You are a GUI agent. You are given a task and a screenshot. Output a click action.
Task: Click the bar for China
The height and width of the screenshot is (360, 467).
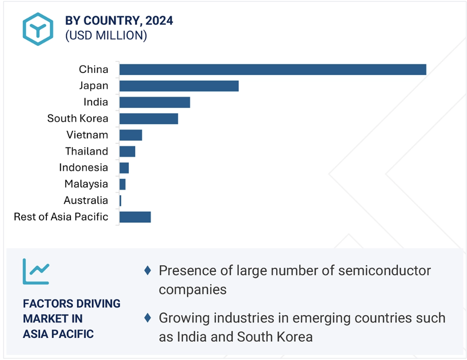click(x=273, y=70)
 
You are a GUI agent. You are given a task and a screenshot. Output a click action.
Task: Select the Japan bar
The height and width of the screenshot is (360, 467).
click(x=179, y=86)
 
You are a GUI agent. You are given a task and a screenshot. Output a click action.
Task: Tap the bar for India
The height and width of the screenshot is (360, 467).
click(x=155, y=102)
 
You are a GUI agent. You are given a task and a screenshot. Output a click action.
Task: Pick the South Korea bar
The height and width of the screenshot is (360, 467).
click(x=148, y=118)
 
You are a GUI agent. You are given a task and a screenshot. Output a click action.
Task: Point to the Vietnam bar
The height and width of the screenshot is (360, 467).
click(x=131, y=135)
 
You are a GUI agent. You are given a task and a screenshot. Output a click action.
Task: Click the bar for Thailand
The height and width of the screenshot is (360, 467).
click(x=127, y=151)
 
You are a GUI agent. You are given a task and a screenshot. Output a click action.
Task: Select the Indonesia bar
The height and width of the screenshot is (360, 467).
click(x=124, y=168)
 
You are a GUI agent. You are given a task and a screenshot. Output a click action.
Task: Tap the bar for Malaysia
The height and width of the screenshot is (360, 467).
click(x=122, y=184)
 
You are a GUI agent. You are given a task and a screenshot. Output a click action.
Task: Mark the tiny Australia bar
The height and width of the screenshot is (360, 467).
click(x=120, y=200)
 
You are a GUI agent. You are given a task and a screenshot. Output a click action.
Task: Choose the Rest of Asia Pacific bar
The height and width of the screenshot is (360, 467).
click(x=135, y=216)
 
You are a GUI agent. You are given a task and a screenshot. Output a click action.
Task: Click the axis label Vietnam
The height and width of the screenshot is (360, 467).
click(x=87, y=135)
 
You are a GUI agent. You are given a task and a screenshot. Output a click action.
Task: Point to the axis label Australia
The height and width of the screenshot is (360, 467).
click(x=85, y=200)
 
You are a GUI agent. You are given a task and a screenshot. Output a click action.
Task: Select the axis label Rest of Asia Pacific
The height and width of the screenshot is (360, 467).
click(x=61, y=216)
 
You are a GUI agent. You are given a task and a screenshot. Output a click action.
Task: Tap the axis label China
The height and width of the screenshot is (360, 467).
click(x=93, y=70)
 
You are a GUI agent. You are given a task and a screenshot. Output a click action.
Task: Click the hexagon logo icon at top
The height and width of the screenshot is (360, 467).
click(x=37, y=29)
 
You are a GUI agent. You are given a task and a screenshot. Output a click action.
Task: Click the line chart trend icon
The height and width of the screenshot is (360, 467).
click(x=36, y=271)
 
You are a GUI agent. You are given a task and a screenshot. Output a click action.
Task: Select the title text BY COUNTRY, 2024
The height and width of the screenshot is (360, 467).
click(x=119, y=21)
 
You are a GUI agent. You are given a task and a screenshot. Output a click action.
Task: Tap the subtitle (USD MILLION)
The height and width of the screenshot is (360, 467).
click(x=106, y=36)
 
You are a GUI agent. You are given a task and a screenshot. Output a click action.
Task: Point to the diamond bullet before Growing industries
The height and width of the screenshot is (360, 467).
click(x=147, y=318)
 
